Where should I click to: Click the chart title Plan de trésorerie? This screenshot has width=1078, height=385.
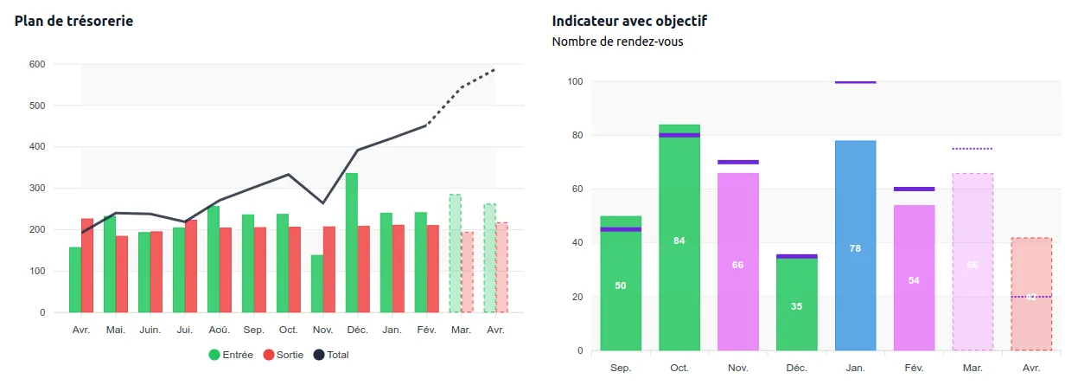[73, 21]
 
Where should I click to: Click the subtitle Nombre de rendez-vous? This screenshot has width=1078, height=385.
[617, 42]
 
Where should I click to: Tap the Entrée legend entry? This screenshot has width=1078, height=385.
[231, 355]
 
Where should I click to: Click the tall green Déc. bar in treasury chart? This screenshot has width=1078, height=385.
[352, 242]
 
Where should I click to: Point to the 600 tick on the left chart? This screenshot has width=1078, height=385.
[37, 64]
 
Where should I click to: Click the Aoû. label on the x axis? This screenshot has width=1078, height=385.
[219, 330]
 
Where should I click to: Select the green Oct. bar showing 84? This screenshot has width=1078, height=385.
[679, 260]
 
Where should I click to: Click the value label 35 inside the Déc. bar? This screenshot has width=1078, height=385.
[796, 306]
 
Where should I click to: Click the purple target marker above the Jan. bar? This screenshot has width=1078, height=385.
[855, 82]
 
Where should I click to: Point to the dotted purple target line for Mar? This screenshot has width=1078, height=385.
[973, 149]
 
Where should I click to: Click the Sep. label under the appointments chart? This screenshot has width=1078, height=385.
[621, 368]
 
